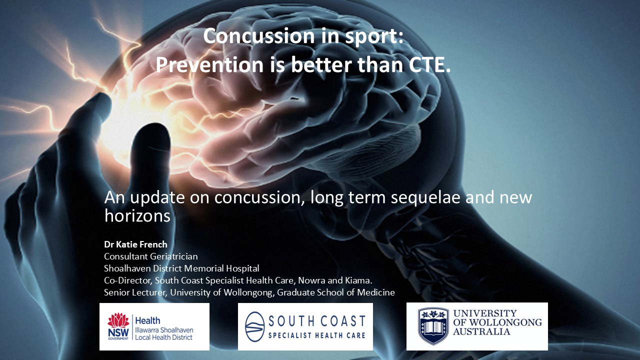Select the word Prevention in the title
(209, 65)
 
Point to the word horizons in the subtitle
(137, 215)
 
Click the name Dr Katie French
(135, 244)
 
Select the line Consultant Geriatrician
(151, 256)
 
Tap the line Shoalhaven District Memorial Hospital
(181, 268)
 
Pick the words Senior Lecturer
(135, 292)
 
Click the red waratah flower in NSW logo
(118, 320)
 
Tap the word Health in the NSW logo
(147, 320)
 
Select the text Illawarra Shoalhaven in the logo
(164, 330)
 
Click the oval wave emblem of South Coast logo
(255, 326)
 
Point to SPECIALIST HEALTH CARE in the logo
(317, 335)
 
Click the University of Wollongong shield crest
(433, 326)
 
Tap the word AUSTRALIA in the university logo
(481, 331)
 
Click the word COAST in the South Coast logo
(343, 321)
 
